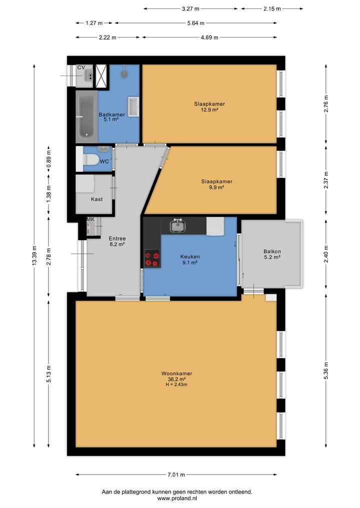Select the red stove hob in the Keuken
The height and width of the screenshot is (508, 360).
pos(152,258)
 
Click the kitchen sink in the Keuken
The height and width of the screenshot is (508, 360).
pos(178,225)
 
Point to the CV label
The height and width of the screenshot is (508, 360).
pos(81,67)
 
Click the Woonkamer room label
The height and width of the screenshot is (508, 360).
pos(177,373)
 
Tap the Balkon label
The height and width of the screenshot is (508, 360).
pos(272,251)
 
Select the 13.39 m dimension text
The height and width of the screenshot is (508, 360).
pos(34,256)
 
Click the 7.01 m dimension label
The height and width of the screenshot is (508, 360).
pos(176,475)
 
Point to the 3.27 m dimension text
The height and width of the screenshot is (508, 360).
pos(190,9)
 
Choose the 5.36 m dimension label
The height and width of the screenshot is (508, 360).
pos(326,371)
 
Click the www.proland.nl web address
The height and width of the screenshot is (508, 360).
pos(177,499)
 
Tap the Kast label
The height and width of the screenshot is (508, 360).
pos(96,199)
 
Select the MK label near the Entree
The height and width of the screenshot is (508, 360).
pos(90,219)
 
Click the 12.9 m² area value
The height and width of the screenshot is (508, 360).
pos(209,110)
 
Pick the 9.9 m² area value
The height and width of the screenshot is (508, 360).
pos(216,187)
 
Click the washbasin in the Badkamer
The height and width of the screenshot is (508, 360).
pos(134,106)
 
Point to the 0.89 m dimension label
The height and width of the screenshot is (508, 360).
pos(48,160)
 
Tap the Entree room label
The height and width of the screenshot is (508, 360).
pos(117,238)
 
